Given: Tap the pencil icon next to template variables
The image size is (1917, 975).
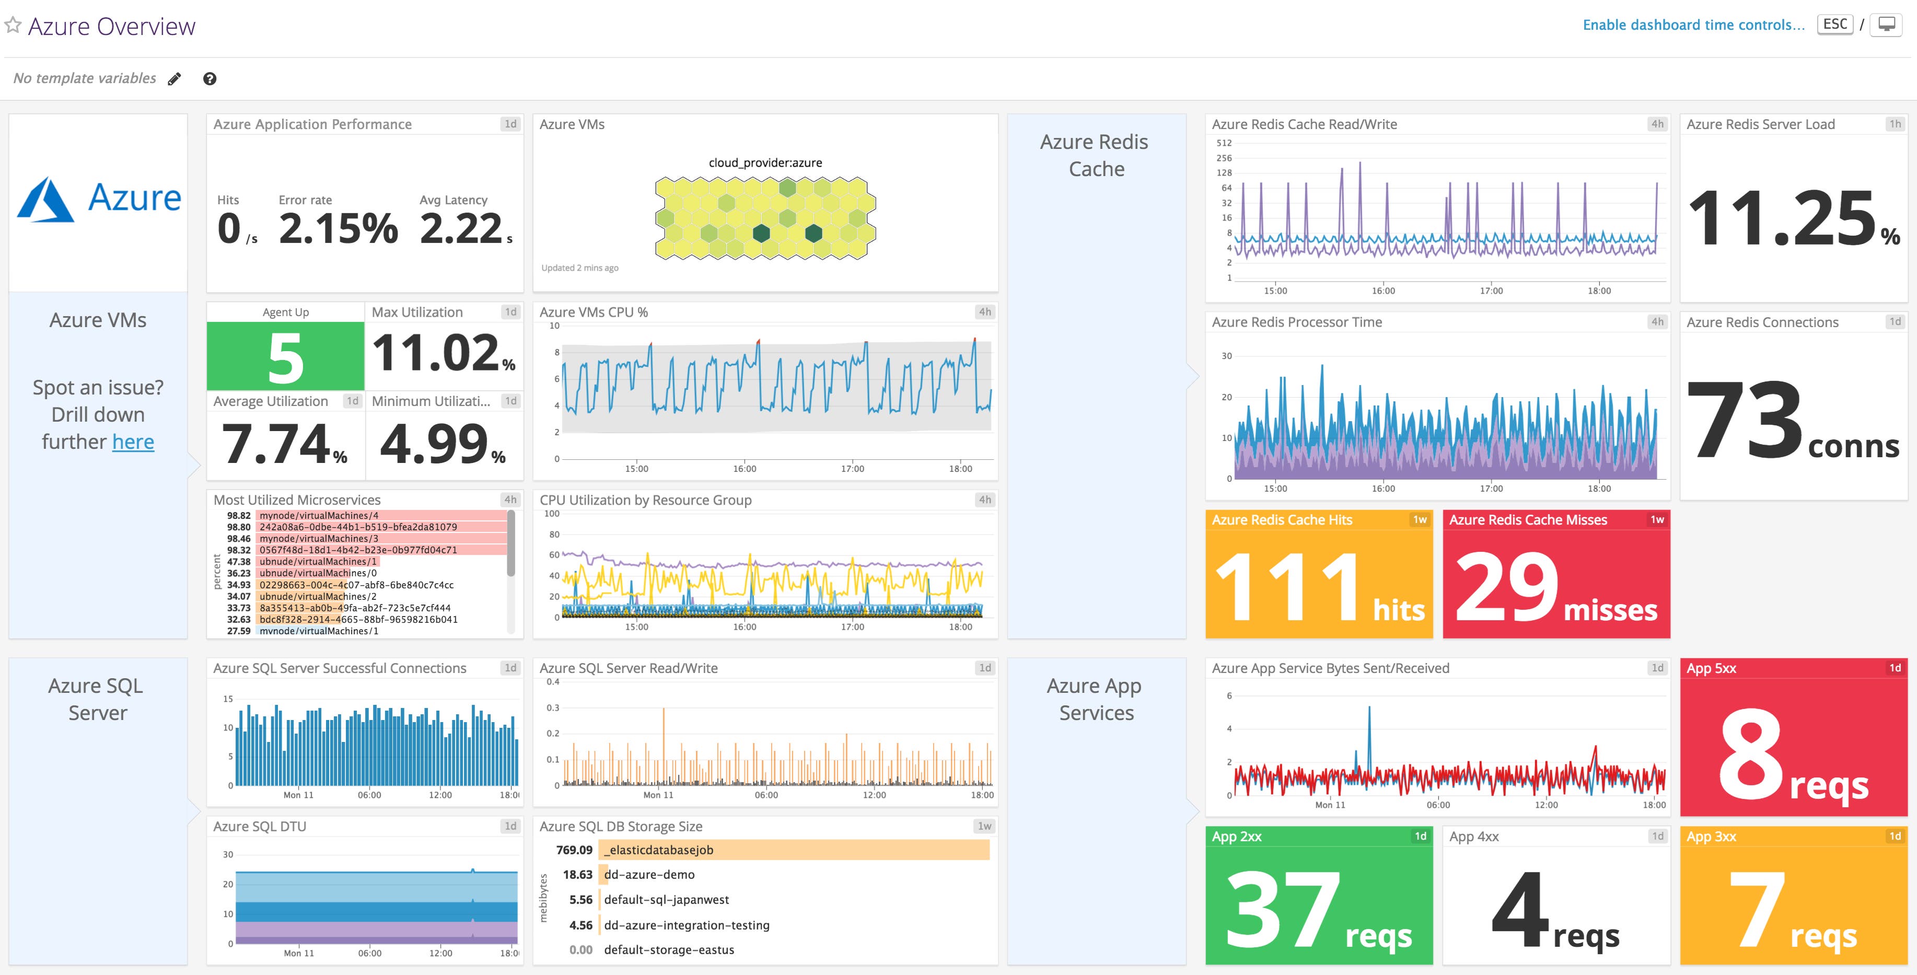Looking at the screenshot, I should (x=174, y=79).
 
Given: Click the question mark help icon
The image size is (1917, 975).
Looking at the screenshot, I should (x=210, y=79).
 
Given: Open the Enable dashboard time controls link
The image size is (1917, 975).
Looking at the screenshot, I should (x=1693, y=25).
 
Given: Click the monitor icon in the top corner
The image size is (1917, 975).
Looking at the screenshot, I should (x=1887, y=25).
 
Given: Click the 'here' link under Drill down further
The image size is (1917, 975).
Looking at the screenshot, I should (x=133, y=442).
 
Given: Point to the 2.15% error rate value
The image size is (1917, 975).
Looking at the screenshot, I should (x=338, y=228).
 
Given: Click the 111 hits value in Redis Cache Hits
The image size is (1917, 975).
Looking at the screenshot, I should (x=1318, y=588).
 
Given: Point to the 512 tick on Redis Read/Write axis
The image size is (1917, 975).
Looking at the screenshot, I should (x=1224, y=143).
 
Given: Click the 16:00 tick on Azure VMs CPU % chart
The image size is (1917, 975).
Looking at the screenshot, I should (x=744, y=468).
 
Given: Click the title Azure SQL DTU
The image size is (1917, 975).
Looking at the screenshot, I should (x=259, y=826).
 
